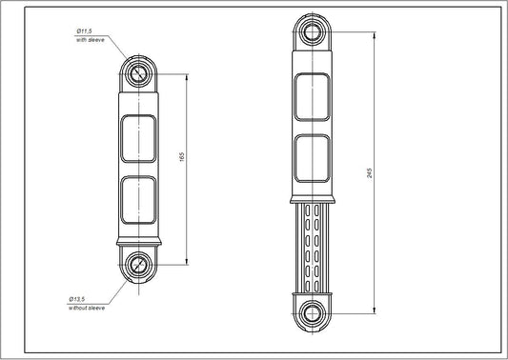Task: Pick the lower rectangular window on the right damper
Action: (x=312, y=160)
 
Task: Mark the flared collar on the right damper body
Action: (x=312, y=200)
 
